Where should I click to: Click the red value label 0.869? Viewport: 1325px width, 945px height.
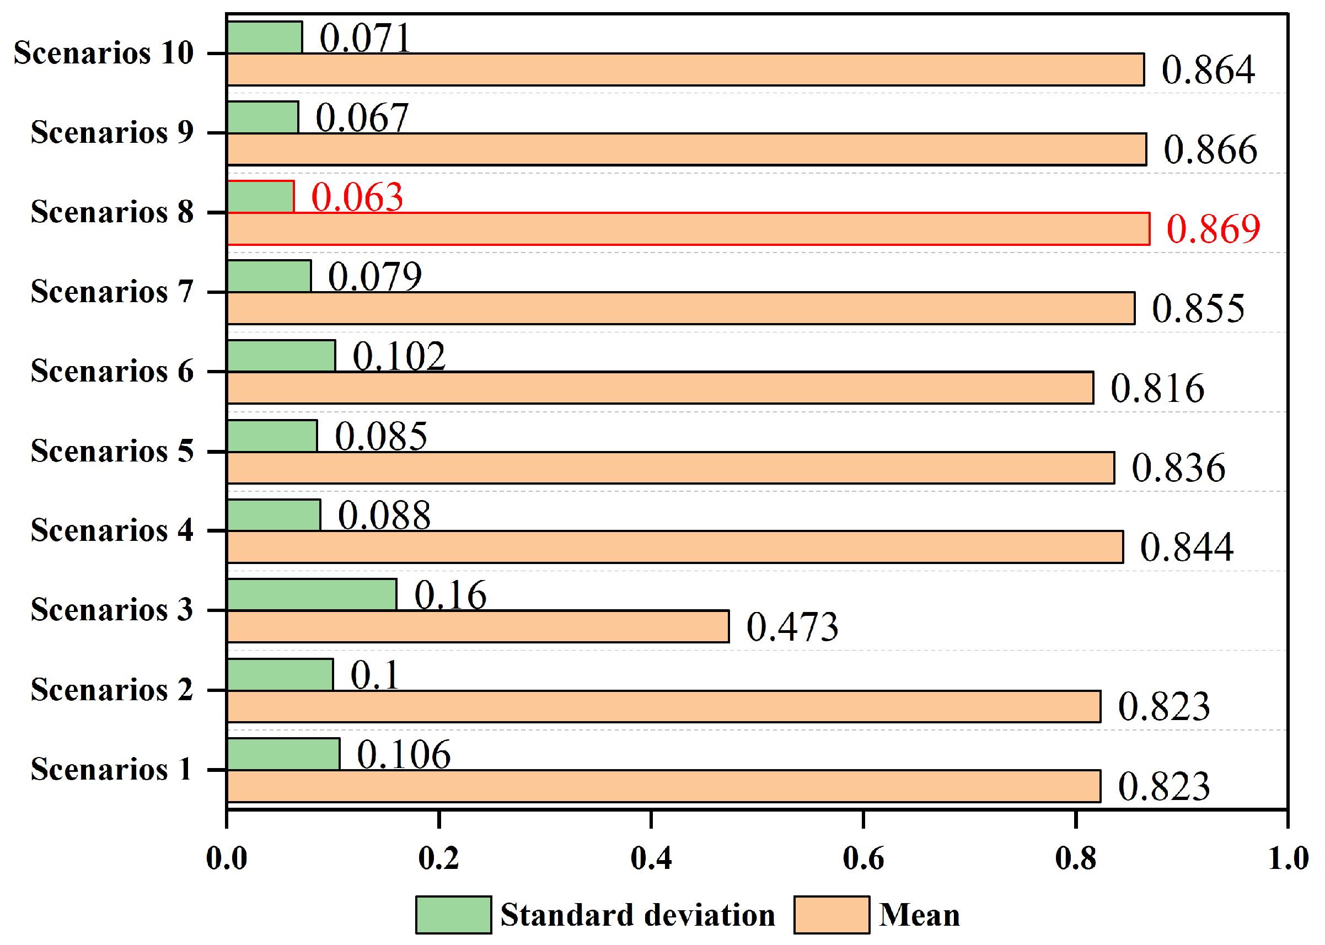tap(1213, 229)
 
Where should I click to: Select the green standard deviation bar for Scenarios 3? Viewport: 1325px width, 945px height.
tap(312, 595)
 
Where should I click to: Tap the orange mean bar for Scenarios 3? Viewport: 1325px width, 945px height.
tap(477, 627)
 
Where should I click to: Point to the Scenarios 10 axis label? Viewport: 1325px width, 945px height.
tap(104, 53)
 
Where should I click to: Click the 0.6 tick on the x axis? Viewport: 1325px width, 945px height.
tap(863, 858)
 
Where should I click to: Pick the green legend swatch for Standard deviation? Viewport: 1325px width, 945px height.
tap(453, 915)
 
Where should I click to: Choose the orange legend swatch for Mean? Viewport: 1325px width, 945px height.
tap(832, 915)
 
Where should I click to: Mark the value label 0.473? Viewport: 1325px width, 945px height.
tap(792, 627)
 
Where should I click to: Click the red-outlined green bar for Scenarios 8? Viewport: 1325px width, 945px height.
tap(260, 197)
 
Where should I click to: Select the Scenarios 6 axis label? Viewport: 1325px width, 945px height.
tap(112, 371)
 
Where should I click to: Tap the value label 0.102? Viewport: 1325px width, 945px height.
tap(399, 356)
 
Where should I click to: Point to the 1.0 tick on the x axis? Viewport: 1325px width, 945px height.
tap(1288, 858)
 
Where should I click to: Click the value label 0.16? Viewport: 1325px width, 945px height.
tap(450, 595)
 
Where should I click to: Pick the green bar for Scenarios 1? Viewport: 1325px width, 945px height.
tap(283, 754)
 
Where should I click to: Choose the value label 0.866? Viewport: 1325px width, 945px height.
tap(1210, 149)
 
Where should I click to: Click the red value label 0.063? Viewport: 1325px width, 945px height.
tap(357, 197)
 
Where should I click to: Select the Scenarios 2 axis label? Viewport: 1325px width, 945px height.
tap(112, 690)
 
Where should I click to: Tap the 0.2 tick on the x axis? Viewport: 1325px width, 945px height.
tap(439, 858)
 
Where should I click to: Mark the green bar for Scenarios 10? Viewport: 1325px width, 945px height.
tap(264, 38)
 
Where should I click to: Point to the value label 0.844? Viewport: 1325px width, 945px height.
tap(1186, 547)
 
